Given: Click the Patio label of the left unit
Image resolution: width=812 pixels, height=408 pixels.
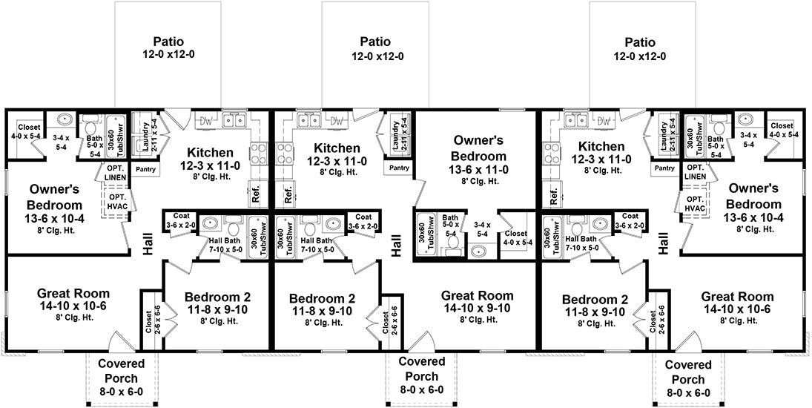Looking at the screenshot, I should coord(168,42).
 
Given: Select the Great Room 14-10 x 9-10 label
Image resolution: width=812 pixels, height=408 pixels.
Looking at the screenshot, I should coord(477,295).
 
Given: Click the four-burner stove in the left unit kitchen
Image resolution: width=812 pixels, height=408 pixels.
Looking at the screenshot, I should coord(257,154).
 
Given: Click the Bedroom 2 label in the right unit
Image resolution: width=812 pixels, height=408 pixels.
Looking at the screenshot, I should coord(594,300).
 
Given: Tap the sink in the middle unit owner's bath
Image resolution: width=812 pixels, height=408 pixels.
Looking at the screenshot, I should coord(475,251).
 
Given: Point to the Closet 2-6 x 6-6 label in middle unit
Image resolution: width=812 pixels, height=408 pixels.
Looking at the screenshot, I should coord(389,320).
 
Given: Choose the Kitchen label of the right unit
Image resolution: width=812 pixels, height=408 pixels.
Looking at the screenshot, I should coord(601,147).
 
